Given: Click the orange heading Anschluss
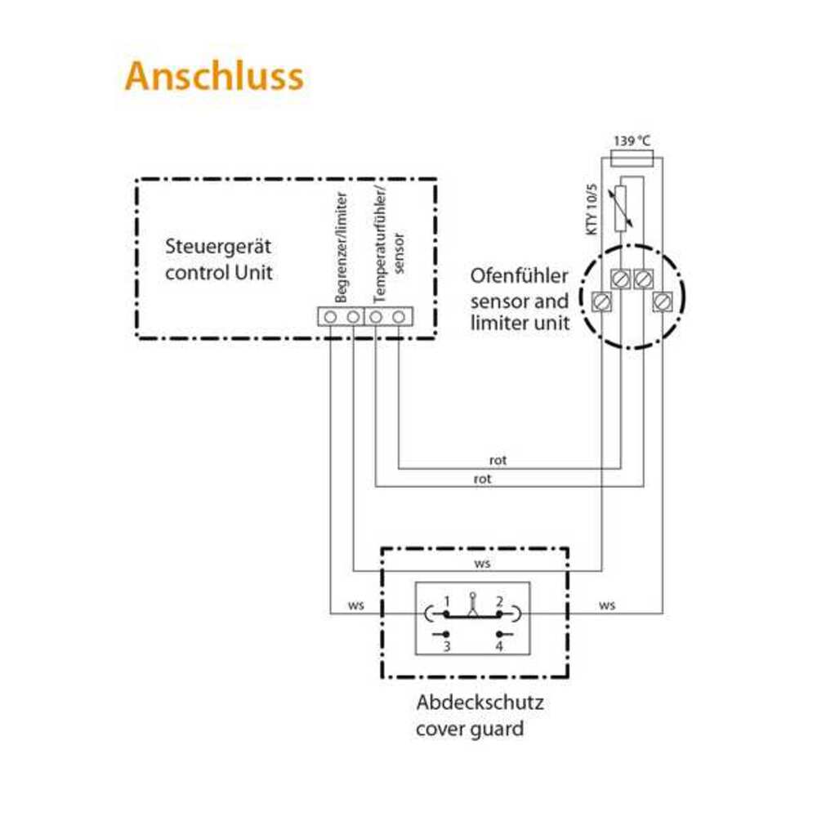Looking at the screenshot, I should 214,77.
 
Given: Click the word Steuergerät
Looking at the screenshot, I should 218,246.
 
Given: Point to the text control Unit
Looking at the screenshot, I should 218,271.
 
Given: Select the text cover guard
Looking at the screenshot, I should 470,727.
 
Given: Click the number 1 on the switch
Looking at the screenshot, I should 447,600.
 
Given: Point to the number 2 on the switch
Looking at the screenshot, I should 499,600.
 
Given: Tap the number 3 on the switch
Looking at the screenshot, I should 447,646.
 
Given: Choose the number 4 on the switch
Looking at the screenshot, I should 499,646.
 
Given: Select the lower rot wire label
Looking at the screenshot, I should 482,480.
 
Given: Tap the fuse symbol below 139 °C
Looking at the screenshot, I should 632,158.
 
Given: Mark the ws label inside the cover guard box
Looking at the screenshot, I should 482,564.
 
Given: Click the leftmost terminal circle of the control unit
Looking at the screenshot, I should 331,316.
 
